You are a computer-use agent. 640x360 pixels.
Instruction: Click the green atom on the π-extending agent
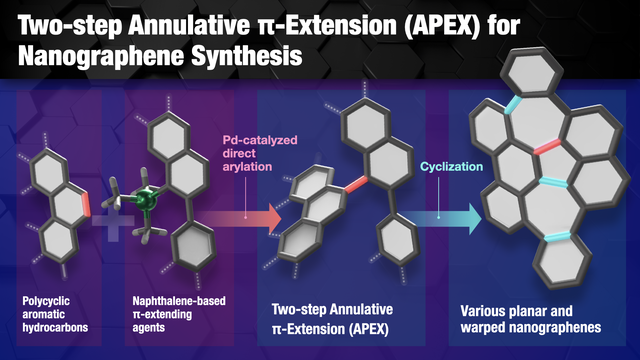(144, 200)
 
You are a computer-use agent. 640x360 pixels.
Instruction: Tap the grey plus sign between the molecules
(113, 221)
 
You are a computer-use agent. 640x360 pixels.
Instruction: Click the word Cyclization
(451, 167)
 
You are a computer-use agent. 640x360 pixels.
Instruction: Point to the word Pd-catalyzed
(260, 140)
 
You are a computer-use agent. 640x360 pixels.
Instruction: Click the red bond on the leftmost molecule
(86, 204)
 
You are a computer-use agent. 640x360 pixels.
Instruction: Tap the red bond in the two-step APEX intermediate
(356, 184)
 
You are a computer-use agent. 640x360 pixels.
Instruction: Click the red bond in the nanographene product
(547, 147)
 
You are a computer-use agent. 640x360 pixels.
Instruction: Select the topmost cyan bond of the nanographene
(513, 105)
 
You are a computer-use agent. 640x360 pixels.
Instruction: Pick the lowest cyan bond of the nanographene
(557, 237)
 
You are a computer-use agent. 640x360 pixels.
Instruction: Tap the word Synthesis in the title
(247, 56)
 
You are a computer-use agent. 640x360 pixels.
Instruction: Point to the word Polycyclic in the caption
(46, 301)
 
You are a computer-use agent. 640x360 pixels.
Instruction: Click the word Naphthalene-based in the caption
(179, 301)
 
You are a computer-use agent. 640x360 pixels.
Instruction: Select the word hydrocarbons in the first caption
(55, 327)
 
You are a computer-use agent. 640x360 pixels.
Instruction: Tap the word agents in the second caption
(149, 328)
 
